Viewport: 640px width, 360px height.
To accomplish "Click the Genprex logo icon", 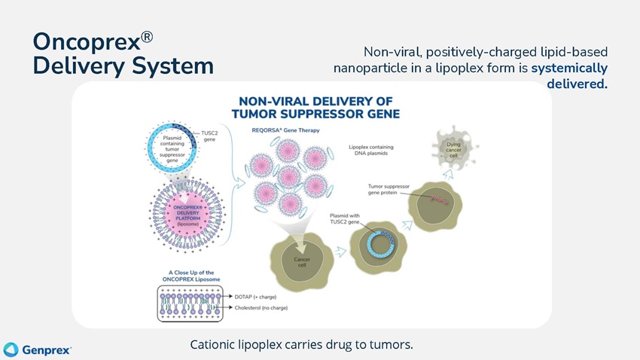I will [11, 349].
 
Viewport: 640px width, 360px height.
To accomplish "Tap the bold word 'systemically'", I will [570, 68].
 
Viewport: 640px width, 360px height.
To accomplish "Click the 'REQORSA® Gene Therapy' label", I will [282, 130].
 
